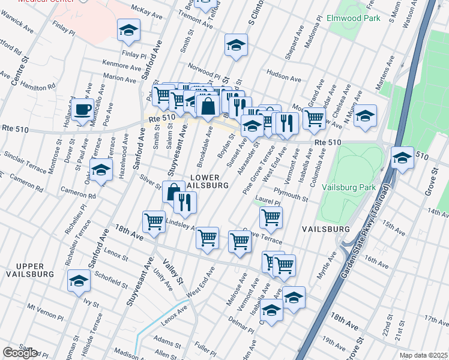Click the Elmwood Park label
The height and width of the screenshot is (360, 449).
[354, 19]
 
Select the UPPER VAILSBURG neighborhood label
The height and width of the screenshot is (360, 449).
[26, 270]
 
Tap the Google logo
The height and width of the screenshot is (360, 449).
[20, 353]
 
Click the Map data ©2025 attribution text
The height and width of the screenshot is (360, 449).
[424, 355]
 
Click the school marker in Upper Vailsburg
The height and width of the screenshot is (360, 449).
[79, 280]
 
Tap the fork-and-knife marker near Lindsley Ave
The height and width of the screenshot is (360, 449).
[185, 203]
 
